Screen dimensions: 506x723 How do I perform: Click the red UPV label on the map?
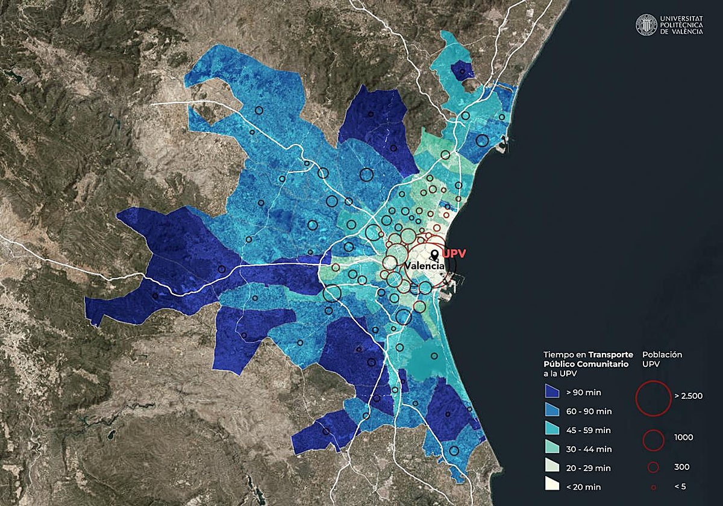(454, 254)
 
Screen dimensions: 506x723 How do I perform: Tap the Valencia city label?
(425, 266)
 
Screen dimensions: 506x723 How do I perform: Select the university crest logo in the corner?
(646, 25)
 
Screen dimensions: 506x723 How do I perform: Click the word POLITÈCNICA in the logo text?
(681, 25)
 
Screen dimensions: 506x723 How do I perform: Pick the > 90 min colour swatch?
(552, 392)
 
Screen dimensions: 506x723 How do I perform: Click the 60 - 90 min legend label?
(589, 411)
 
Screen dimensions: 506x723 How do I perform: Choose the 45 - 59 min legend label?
(588, 430)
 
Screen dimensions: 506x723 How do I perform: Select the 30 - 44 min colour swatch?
(552, 448)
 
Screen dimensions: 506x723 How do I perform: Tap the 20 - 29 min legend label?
(588, 467)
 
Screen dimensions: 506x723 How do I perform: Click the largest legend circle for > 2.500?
(653, 398)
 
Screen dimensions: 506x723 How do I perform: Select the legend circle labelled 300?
(653, 466)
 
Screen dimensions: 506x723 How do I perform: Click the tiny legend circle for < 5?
(653, 486)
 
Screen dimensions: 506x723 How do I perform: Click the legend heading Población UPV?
(662, 360)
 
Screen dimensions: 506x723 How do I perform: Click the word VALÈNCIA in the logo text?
(681, 31)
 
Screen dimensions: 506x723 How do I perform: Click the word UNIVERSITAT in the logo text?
(681, 19)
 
